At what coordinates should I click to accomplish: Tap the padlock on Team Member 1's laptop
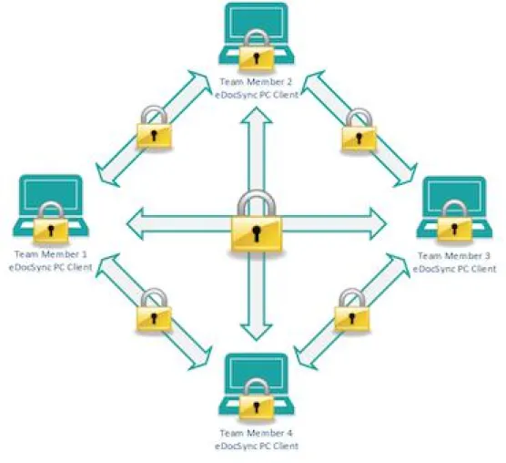tap(51, 222)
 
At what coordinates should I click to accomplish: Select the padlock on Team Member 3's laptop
tap(454, 221)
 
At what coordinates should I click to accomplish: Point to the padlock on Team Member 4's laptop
tap(257, 401)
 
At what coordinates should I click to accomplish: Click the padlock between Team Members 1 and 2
tap(154, 127)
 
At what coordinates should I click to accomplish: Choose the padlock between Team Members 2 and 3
tap(359, 130)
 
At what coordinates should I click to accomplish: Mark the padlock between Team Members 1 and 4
tap(154, 310)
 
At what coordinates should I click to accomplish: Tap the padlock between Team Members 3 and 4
tap(352, 310)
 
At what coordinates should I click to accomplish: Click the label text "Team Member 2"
tap(256, 82)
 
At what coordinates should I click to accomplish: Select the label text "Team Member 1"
tap(51, 254)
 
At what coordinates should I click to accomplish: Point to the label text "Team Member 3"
tap(454, 256)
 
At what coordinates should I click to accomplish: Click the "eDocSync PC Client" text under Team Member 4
tap(257, 447)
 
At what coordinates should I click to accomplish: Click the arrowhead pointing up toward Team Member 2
tap(257, 116)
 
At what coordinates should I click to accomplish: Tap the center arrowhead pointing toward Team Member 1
tap(135, 224)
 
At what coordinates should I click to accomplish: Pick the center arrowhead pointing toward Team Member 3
tap(379, 224)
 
